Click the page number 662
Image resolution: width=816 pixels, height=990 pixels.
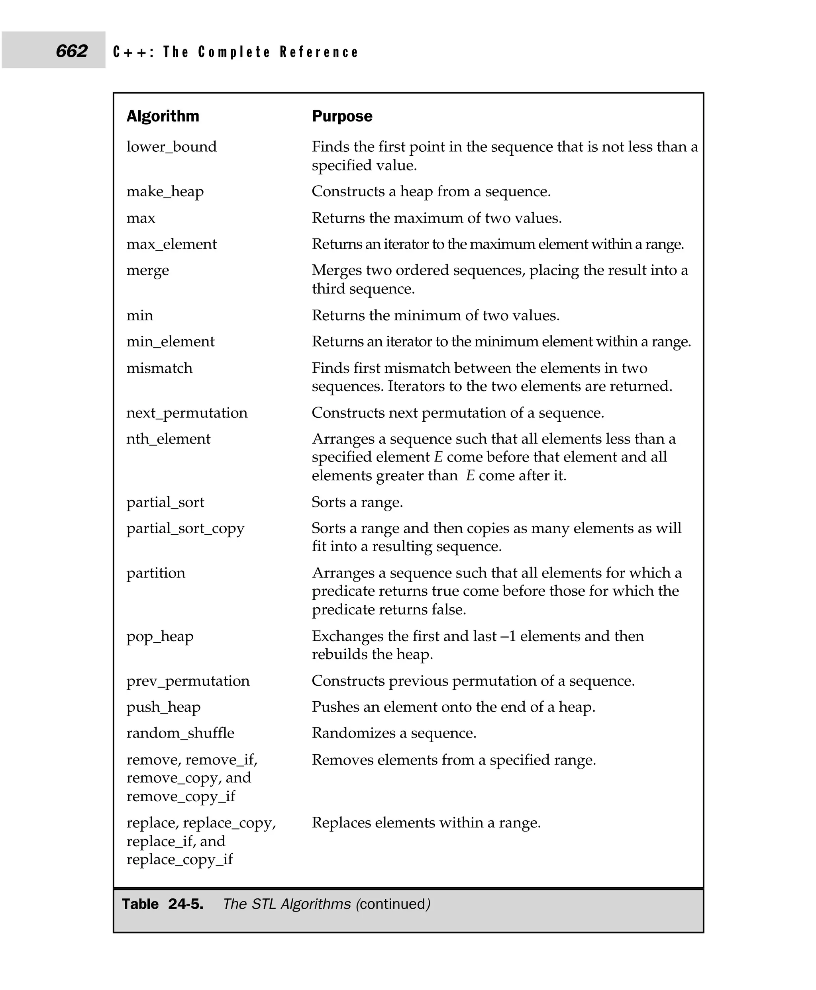coord(71,51)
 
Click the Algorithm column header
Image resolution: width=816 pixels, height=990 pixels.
coord(163,116)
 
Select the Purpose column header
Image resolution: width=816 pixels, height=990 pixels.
coord(342,116)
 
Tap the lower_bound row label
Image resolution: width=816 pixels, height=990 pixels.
coord(172,147)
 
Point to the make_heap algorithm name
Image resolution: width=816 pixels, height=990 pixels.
coord(165,192)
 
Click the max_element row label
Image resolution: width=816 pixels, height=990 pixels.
coord(172,245)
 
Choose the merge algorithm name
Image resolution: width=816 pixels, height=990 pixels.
coord(147,271)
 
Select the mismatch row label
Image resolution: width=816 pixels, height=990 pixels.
coord(159,368)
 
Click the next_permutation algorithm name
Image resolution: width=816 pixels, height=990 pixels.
coord(186,413)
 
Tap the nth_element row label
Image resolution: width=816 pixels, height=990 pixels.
coord(168,439)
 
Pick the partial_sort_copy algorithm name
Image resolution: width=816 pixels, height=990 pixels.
coord(185,528)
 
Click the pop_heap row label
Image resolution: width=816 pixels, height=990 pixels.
coord(160,637)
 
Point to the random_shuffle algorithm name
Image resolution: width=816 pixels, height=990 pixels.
coord(180,733)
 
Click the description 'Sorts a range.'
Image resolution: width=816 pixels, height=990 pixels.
coord(357,502)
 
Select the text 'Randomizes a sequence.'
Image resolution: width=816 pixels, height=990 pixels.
coord(394,733)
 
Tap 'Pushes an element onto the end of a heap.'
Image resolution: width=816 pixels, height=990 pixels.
coord(453,707)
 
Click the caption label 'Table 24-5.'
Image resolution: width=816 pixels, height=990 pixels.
coord(163,904)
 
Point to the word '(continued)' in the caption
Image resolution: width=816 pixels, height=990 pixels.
coord(393,904)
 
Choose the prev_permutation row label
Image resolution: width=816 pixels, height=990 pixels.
coord(188,681)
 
